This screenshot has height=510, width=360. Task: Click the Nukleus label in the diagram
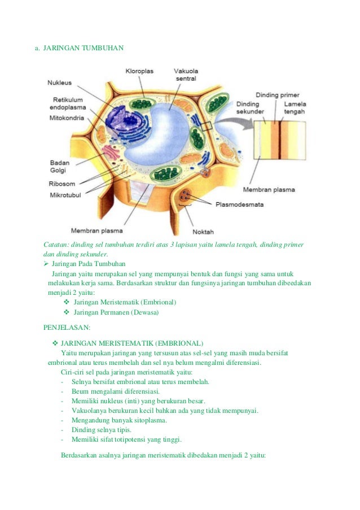[59, 82]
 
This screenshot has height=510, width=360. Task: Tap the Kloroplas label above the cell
[139, 71]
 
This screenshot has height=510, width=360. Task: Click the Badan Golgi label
[59, 166]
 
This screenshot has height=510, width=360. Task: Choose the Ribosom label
[63, 184]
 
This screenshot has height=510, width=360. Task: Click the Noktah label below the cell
[203, 232]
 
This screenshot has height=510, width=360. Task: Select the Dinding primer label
[278, 95]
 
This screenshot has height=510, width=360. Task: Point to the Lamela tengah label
[295, 108]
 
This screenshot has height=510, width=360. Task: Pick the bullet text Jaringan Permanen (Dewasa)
[116, 312]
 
